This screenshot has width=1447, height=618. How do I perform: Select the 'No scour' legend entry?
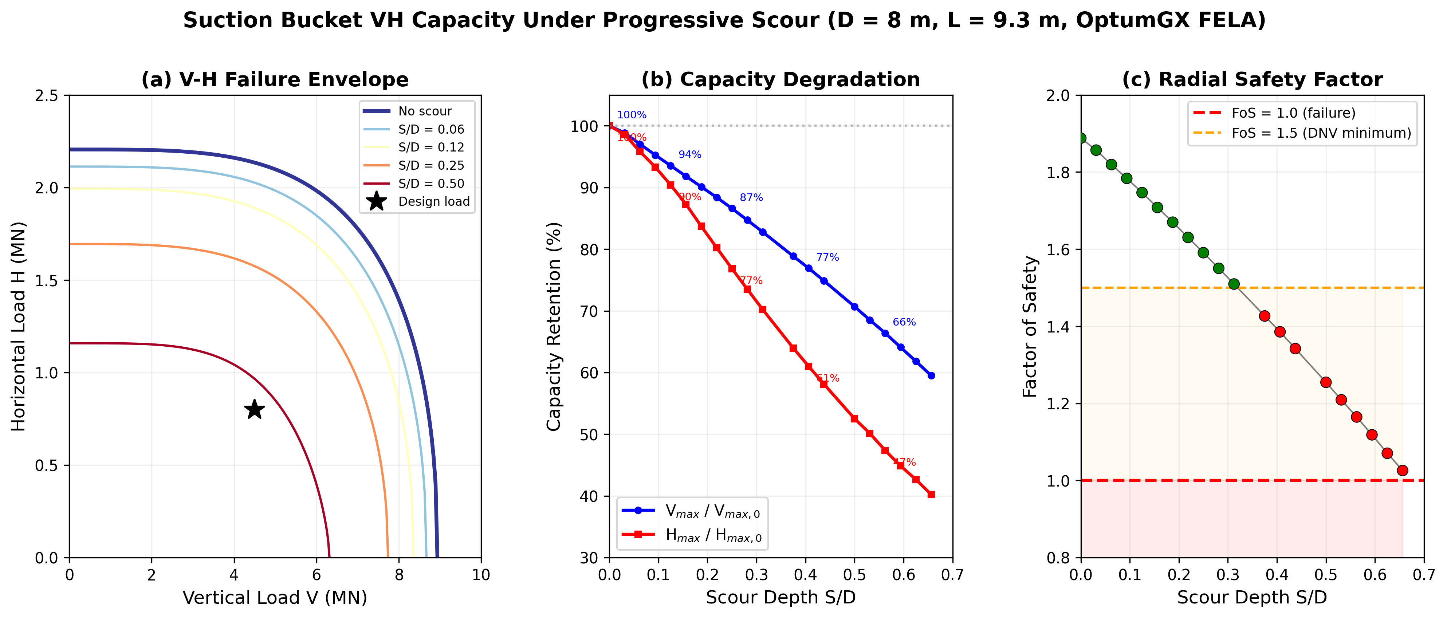pyautogui.click(x=425, y=111)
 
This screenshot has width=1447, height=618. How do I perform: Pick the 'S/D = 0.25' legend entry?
pyautogui.click(x=431, y=165)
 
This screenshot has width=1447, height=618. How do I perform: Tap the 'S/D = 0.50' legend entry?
pyautogui.click(x=431, y=184)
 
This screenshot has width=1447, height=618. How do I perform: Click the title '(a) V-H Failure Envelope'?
pyautogui.click(x=275, y=79)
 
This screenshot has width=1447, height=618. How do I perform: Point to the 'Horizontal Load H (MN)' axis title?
pyautogui.click(x=19, y=326)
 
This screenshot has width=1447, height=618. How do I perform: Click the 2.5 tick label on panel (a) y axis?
pyautogui.click(x=47, y=95)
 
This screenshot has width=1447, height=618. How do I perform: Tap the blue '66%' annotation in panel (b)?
pyautogui.click(x=904, y=322)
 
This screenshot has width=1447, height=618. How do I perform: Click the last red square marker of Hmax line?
pyautogui.click(x=931, y=495)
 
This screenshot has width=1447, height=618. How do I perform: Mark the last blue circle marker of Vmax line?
pyautogui.click(x=931, y=375)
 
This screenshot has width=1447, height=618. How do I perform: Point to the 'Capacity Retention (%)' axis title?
pyautogui.click(x=554, y=326)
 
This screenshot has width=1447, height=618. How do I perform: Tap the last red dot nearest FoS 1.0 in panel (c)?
pyautogui.click(x=1402, y=470)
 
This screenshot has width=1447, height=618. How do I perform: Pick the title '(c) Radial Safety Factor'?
pyautogui.click(x=1252, y=79)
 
